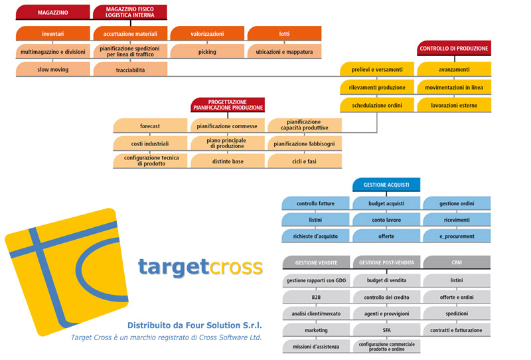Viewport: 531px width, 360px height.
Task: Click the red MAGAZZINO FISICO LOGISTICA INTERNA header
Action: pos(130,12)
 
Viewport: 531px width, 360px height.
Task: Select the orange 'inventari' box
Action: pos(53,34)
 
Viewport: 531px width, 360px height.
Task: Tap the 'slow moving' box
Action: pos(53,69)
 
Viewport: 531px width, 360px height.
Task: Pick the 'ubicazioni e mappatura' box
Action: pos(285,52)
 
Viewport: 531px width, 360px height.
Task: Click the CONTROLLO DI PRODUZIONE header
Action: pos(454,48)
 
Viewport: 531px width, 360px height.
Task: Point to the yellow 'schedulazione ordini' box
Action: pos(377,105)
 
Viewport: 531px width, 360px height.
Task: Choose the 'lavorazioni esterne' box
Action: pos(454,105)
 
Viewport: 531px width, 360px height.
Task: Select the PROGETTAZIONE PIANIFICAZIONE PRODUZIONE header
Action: pos(228,105)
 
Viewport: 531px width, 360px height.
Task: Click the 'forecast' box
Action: pos(150,126)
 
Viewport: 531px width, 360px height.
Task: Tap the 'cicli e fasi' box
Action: pos(305,161)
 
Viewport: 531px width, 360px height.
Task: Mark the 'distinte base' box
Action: pos(228,161)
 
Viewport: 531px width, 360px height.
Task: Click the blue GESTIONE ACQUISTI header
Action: pos(386,185)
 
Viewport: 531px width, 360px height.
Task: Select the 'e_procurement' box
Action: pos(457,236)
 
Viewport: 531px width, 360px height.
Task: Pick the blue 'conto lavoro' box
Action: pos(386,220)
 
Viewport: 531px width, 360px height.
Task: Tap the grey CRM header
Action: pos(457,262)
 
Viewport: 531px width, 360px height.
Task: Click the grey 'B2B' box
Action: pos(317,297)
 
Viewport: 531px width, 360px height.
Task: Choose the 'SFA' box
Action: pos(387,330)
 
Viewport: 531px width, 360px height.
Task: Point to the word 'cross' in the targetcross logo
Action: pos(236,267)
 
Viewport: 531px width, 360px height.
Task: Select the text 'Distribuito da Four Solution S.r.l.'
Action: pos(194,325)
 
